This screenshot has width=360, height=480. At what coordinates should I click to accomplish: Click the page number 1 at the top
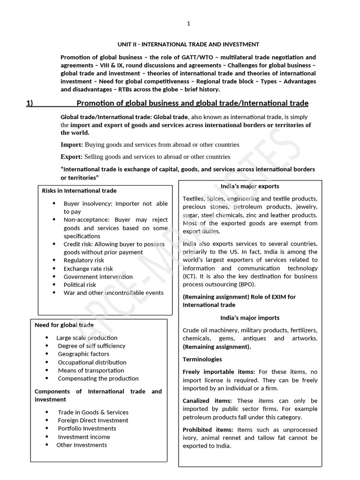pos(188,23)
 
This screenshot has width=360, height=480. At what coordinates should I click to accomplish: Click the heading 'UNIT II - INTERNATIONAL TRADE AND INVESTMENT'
pos(187,45)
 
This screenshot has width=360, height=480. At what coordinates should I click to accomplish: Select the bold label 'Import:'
pos(72,145)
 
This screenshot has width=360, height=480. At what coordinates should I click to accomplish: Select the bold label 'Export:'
pos(72,157)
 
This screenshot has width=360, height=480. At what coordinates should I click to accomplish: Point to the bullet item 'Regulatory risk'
pos(84,260)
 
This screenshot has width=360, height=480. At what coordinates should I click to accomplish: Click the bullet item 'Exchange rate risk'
pos(88,269)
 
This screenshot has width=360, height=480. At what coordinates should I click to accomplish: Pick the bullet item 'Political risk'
pos(80,285)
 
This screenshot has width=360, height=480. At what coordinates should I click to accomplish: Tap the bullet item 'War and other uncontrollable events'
pos(113,293)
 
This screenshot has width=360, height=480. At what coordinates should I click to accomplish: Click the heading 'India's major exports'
pos(250,187)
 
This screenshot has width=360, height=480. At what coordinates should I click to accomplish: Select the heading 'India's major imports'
pos(250,318)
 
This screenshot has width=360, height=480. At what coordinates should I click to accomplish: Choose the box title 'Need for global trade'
pos(64,325)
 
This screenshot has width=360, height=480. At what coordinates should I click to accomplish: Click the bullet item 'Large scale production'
pos(87,338)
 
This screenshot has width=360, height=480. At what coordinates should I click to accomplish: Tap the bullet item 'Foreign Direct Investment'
pos(93,420)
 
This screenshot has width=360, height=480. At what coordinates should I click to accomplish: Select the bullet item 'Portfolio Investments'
pos(87,428)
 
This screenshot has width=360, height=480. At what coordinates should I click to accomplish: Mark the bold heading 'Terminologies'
pos(202,359)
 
